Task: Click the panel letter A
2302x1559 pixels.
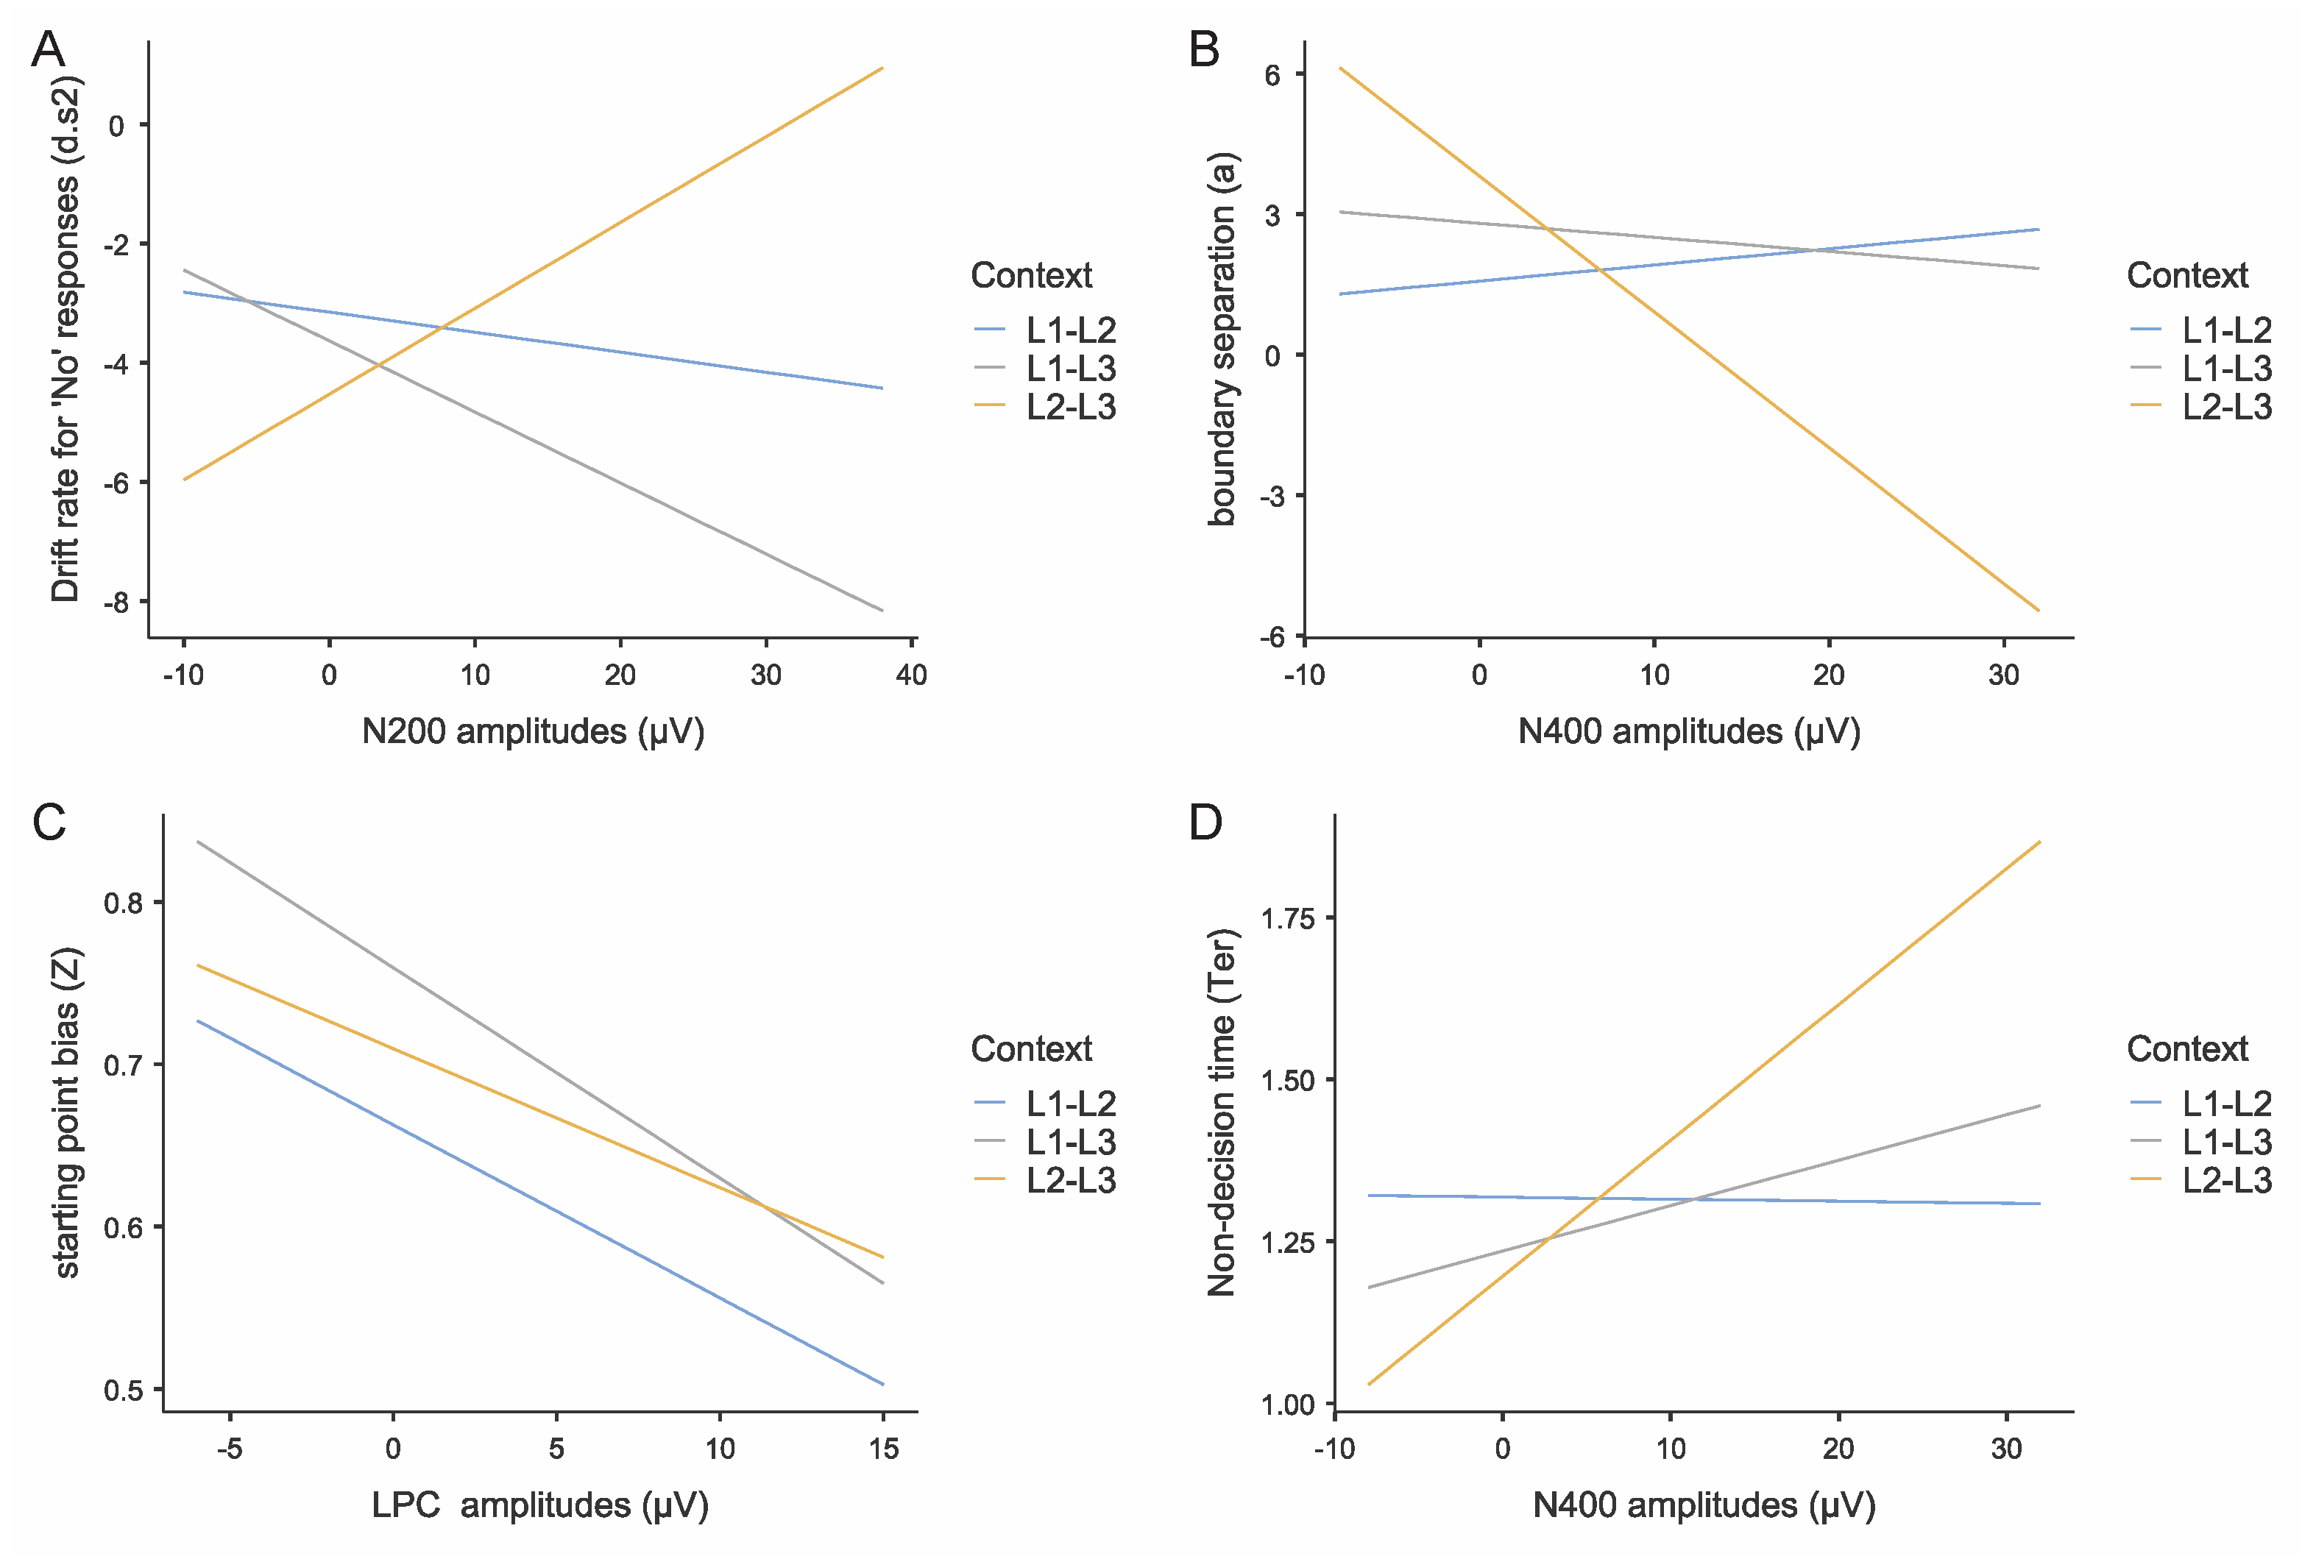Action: [x=48, y=49]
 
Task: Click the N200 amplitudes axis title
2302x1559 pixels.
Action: [x=533, y=732]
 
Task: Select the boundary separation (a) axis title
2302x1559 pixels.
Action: [x=1222, y=338]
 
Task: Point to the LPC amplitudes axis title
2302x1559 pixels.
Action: [x=540, y=1505]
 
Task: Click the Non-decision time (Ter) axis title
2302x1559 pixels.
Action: [x=1222, y=1112]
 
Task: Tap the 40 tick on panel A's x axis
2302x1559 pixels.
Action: [x=910, y=675]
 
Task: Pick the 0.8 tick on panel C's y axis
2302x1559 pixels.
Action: [x=123, y=902]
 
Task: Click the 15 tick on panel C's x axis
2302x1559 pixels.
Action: [x=882, y=1449]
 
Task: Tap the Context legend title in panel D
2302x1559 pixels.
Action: [x=2186, y=1049]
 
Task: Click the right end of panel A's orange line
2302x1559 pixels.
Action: [x=882, y=68]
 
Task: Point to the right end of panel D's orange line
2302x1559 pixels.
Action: [x=2039, y=842]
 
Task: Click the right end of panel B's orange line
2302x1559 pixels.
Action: [x=2039, y=610]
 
